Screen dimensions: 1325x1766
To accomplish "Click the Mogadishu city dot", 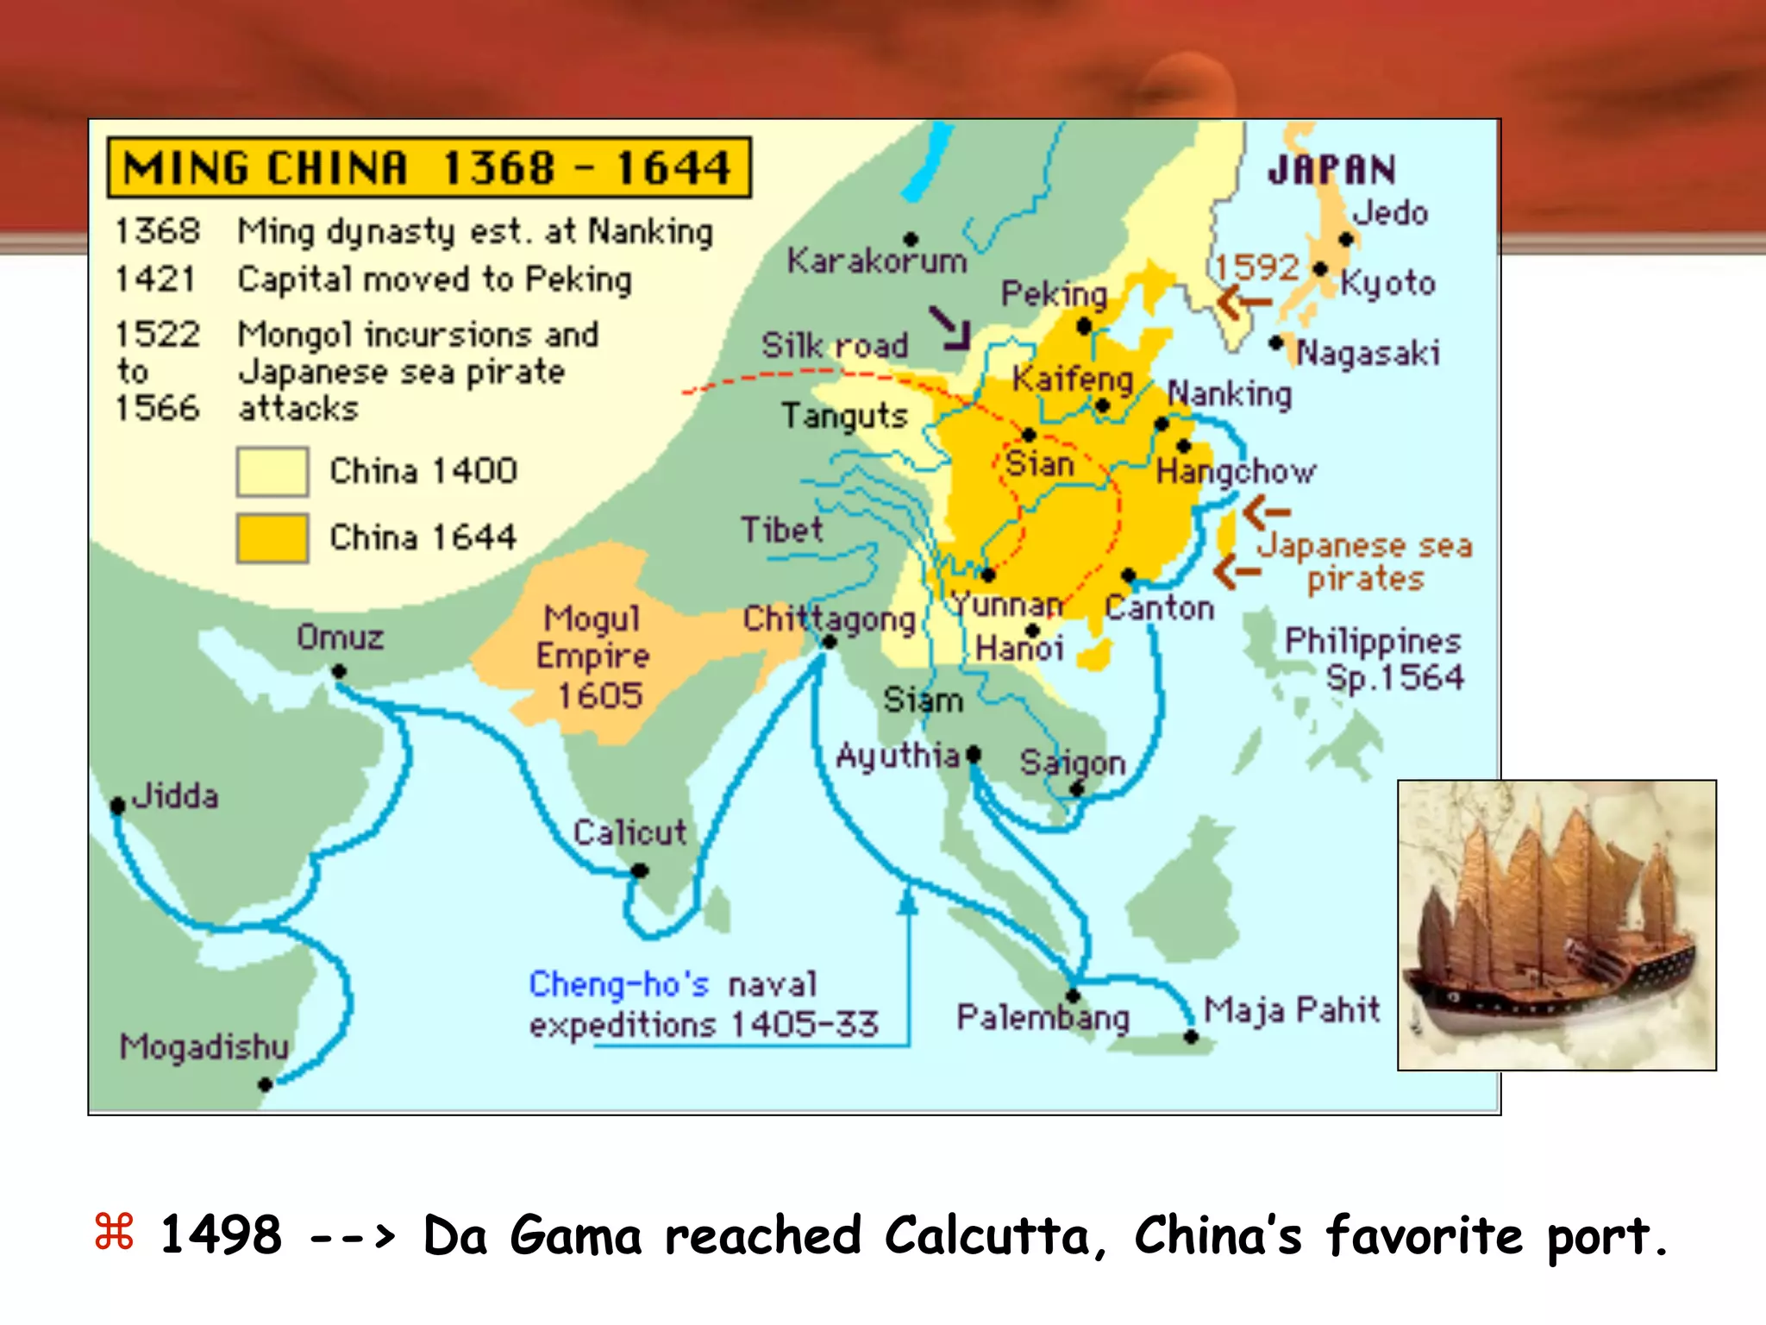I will (x=266, y=1084).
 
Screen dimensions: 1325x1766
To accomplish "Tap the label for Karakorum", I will (x=877, y=261).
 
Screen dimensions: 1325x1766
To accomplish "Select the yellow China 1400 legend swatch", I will (x=272, y=471).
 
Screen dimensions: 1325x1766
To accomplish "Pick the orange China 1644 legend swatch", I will (x=272, y=537).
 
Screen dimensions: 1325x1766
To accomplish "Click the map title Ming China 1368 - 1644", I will (x=429, y=167).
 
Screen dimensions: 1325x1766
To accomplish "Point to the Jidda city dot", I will (x=118, y=806).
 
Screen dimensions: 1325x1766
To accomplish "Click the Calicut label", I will (x=630, y=832).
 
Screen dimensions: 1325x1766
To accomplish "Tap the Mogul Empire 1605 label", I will (x=594, y=656).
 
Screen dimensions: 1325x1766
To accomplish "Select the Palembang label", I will (x=1043, y=1018).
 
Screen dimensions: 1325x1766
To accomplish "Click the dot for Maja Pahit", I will (x=1191, y=1037).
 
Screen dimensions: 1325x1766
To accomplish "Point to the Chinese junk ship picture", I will (x=1556, y=925).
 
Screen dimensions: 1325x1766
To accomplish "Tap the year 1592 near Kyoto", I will (x=1257, y=267).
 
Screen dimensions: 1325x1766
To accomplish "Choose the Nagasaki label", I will (x=1368, y=353).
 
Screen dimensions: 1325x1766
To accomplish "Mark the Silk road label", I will (x=835, y=345).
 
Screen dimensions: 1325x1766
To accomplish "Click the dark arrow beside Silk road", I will (x=951, y=329).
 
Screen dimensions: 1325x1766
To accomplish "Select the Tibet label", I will (x=782, y=529).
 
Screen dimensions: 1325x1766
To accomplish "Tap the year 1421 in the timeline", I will (x=156, y=279).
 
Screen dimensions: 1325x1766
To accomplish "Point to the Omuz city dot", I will (x=339, y=671).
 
